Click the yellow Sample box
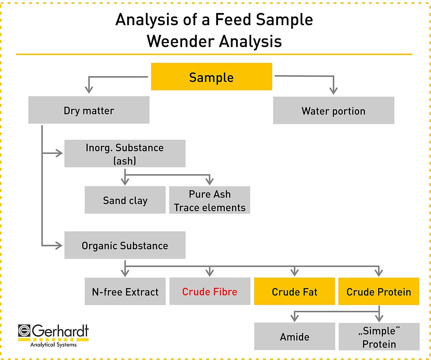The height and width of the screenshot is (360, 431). pos(212,77)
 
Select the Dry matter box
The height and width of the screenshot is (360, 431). pos(89,110)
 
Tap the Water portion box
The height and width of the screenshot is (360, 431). pos(334,110)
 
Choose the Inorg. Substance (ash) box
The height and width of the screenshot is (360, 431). pos(125,153)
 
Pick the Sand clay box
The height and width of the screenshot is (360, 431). pos(125,200)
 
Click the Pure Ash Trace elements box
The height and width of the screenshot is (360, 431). pos(209,200)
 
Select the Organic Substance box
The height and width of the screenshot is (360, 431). pos(125,245)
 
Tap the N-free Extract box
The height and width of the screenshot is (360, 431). pos(125,291)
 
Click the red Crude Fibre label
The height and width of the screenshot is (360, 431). pos(210,292)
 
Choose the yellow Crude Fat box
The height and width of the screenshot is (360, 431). pos(295,291)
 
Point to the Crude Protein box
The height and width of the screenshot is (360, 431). pos(379,291)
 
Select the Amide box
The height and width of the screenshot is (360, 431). pos(295,336)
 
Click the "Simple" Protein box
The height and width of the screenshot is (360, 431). pos(379,336)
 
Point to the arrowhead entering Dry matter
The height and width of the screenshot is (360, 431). pos(89,90)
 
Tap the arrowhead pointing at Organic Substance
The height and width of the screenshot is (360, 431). pos(59,246)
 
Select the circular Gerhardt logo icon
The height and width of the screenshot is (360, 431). pos(24,331)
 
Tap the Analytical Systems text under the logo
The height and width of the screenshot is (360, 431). pos(54,345)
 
